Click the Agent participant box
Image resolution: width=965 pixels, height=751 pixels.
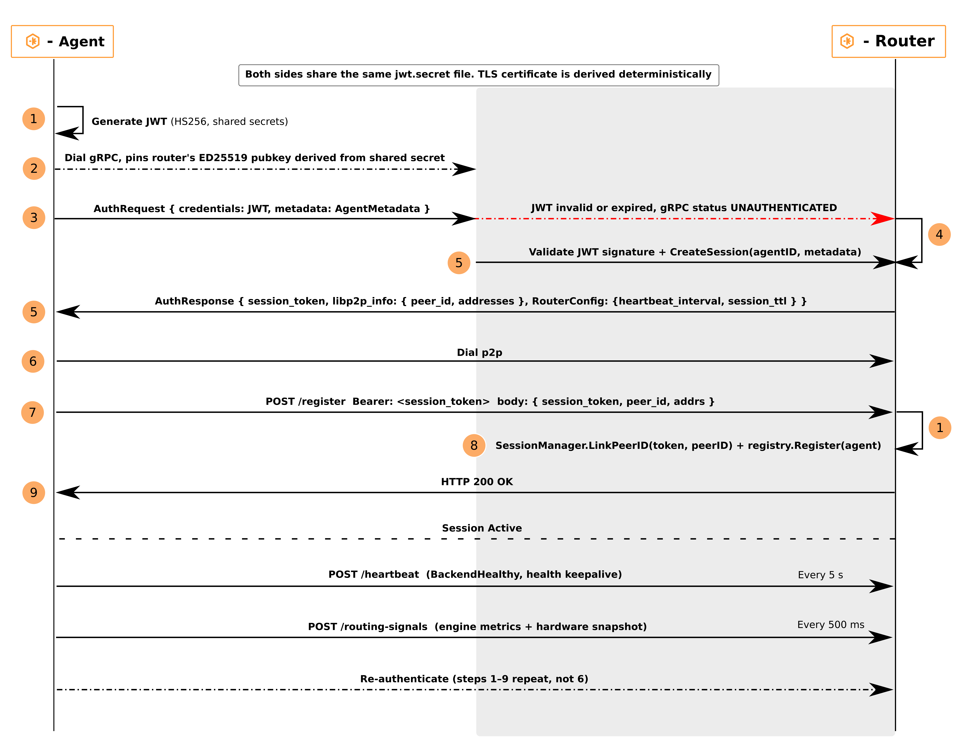pos(62,42)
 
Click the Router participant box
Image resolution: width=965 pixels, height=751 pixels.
pos(889,42)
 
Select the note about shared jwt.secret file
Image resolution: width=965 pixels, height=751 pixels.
pos(479,75)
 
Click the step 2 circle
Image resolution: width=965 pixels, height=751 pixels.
pos(34,168)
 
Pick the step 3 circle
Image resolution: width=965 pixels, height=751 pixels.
pos(34,218)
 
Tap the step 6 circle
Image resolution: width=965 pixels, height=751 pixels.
pos(33,361)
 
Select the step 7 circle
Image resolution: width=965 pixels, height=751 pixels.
pos(33,413)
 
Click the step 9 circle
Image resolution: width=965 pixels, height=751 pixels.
pos(34,493)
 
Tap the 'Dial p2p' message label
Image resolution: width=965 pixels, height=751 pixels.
pos(479,353)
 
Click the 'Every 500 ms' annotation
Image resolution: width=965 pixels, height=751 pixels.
pos(831,625)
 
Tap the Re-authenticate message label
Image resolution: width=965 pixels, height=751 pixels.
pos(474,679)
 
